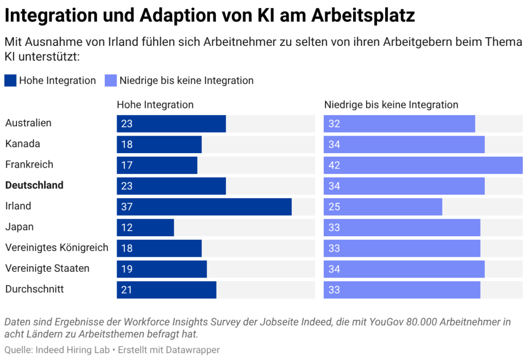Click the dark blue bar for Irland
(204, 207)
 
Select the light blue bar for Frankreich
(423, 166)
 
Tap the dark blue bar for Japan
(145, 227)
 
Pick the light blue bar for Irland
(383, 207)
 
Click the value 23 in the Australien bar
(127, 124)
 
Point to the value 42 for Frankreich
(334, 166)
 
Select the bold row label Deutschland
(34, 185)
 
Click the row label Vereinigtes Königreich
(57, 248)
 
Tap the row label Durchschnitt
(35, 289)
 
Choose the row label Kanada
(23, 144)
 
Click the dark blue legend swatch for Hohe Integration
(10, 80)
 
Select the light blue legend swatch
(111, 80)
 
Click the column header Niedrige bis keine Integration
(391, 105)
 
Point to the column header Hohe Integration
(155, 105)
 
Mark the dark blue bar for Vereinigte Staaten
(161, 269)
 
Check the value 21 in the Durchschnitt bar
(127, 290)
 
